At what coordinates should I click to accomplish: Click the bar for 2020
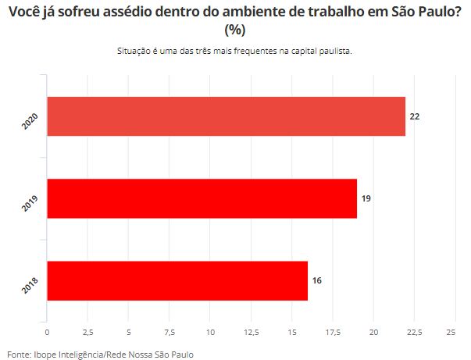pos(227,116)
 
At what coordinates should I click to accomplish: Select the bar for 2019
pos(202,198)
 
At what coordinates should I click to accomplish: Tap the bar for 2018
pos(177,280)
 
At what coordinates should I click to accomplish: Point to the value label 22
pos(415,116)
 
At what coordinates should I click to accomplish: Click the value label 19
pos(366,198)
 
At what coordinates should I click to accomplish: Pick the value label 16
pos(317,280)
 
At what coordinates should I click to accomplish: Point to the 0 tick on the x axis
pos(47,333)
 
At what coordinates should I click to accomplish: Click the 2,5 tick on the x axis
pos(88,333)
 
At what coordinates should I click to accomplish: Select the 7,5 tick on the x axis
pos(169,333)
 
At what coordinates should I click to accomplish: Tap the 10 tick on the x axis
pos(210,333)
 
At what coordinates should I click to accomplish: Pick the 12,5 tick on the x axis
pos(251,333)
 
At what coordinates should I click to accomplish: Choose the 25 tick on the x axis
pos(451,333)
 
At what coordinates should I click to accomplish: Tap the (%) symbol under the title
pos(235,30)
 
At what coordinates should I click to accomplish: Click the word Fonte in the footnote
pos(20,354)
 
